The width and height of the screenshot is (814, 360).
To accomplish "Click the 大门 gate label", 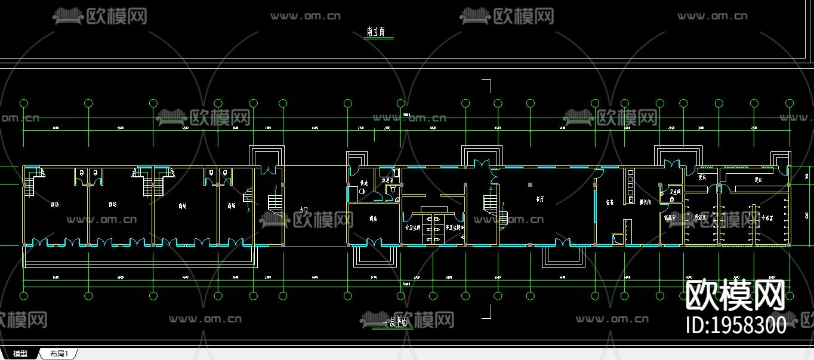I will click(x=303, y=210).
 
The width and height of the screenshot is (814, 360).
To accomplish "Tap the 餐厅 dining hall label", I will click(x=540, y=199).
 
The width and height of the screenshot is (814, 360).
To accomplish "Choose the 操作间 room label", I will click(x=645, y=202).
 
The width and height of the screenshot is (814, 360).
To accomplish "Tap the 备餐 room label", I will click(x=610, y=202).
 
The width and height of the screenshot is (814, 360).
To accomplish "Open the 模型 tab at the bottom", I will click(x=20, y=354).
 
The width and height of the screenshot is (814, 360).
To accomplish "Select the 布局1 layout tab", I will click(x=59, y=354).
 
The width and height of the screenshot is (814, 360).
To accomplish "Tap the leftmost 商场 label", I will click(x=55, y=205).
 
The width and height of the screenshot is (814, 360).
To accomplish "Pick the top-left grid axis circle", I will click(x=24, y=103).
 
